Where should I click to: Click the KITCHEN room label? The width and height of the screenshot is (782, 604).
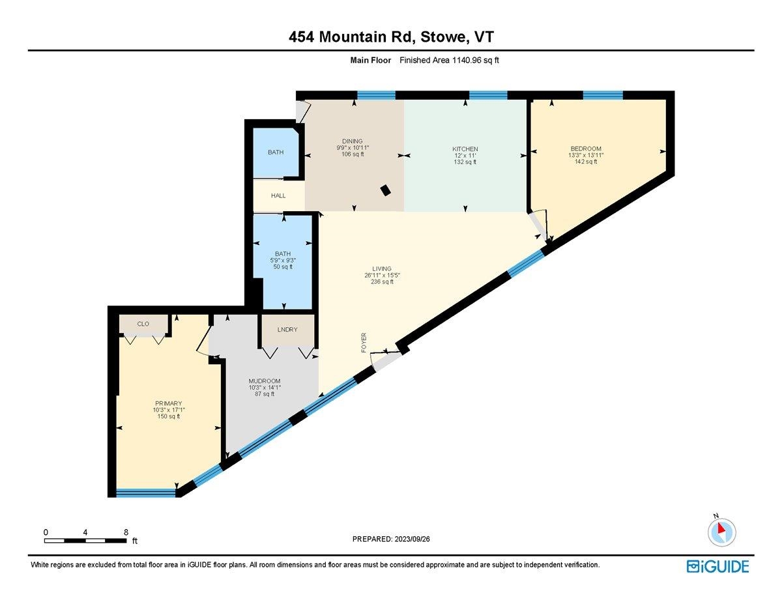[x=465, y=149]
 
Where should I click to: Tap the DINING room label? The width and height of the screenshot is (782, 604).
[x=353, y=141]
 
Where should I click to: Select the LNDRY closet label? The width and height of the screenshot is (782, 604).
[x=287, y=330]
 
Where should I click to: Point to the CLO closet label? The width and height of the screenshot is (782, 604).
[x=143, y=323]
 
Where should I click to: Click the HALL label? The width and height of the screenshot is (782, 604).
[x=279, y=195]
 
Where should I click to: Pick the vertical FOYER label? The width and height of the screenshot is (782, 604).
[x=364, y=343]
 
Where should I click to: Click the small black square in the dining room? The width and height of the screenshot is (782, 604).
[x=386, y=190]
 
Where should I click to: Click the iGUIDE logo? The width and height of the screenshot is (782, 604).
[x=717, y=566]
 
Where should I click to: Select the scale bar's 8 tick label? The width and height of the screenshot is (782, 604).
[x=126, y=532]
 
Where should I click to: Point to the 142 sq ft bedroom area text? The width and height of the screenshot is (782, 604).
[x=583, y=162]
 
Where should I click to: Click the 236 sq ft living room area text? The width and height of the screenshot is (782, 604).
[x=382, y=282]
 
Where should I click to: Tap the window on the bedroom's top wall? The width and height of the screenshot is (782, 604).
[x=602, y=95]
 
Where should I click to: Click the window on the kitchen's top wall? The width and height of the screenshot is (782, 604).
[x=488, y=95]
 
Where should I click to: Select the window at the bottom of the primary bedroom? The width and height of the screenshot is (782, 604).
[x=146, y=493]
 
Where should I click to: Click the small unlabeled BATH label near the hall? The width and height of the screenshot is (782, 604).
[x=276, y=152]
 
